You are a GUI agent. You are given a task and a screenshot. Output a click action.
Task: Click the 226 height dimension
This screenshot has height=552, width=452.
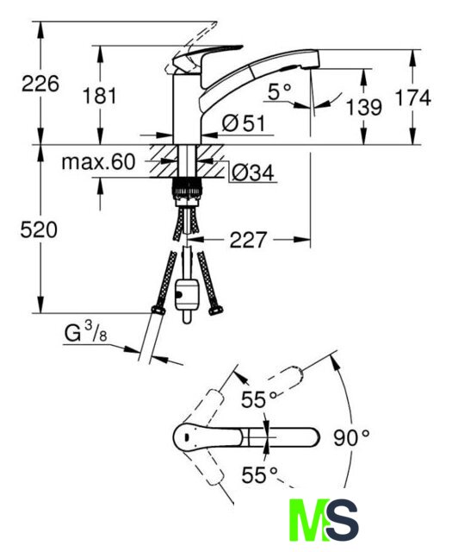tap(40, 85)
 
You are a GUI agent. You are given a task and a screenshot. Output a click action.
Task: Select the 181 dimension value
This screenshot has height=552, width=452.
tap(100, 96)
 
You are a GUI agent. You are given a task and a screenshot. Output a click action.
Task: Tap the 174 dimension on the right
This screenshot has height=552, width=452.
tap(413, 97)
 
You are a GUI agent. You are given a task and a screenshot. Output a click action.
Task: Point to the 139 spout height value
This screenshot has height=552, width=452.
tap(364, 107)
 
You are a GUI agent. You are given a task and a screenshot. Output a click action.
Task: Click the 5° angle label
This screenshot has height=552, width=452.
tap(280, 91)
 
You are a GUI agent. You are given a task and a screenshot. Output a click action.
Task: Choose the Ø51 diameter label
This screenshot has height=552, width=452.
tap(244, 123)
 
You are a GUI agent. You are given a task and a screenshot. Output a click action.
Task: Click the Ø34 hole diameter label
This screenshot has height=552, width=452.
tap(253, 172)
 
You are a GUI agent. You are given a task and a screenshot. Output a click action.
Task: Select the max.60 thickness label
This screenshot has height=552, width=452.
tap(98, 162)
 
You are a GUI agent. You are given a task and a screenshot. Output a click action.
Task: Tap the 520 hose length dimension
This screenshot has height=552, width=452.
tap(39, 230)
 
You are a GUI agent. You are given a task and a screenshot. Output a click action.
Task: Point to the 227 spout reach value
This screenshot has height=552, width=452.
tap(249, 240)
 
